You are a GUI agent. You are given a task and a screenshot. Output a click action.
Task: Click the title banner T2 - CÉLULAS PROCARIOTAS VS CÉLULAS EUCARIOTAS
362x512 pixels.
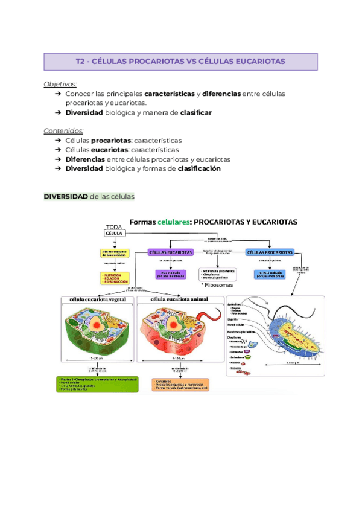(180, 62)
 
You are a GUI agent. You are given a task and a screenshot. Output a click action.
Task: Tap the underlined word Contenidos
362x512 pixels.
(64, 130)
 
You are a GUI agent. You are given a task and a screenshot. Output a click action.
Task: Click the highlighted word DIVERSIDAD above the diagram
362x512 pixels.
(66, 196)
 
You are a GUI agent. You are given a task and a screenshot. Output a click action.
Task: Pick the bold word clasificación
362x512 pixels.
(199, 169)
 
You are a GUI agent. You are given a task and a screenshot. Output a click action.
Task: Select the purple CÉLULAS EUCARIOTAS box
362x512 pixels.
(171, 252)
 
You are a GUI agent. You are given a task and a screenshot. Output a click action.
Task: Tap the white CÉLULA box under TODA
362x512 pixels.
(115, 233)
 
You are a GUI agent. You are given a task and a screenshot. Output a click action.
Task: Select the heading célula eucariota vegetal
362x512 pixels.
(98, 299)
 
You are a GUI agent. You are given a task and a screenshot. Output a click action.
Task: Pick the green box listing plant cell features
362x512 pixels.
(98, 385)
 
